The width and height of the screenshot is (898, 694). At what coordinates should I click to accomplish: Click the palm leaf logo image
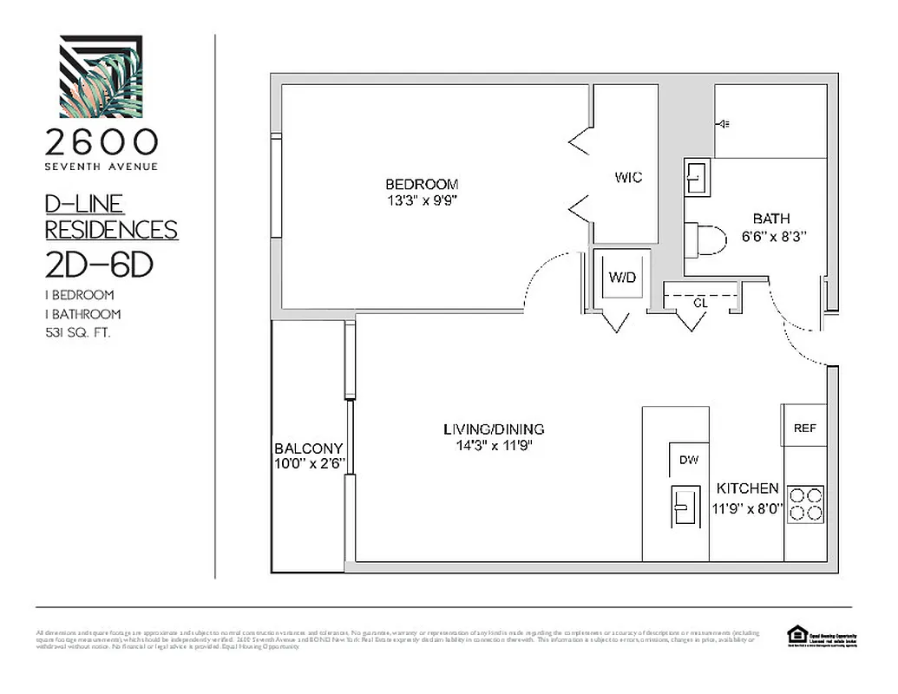[x=101, y=76]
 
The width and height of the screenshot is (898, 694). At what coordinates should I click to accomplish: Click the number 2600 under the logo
[x=102, y=141]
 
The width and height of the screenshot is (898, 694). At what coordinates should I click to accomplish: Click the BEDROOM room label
[x=422, y=184]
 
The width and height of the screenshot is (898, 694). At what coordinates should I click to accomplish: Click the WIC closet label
[x=628, y=178]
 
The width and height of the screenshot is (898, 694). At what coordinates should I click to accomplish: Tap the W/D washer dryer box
[x=622, y=278]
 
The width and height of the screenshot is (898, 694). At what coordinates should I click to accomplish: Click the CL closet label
[x=699, y=304]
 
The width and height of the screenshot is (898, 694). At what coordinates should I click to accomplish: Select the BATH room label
[x=770, y=219]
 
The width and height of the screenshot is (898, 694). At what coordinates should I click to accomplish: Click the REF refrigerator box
[x=804, y=428]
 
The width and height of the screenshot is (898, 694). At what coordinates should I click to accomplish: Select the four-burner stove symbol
[x=805, y=504]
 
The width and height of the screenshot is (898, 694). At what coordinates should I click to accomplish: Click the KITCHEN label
[x=747, y=488]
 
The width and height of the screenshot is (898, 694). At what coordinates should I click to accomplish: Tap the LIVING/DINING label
[x=494, y=429]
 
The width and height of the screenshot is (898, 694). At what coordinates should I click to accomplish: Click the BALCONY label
[x=309, y=448]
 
